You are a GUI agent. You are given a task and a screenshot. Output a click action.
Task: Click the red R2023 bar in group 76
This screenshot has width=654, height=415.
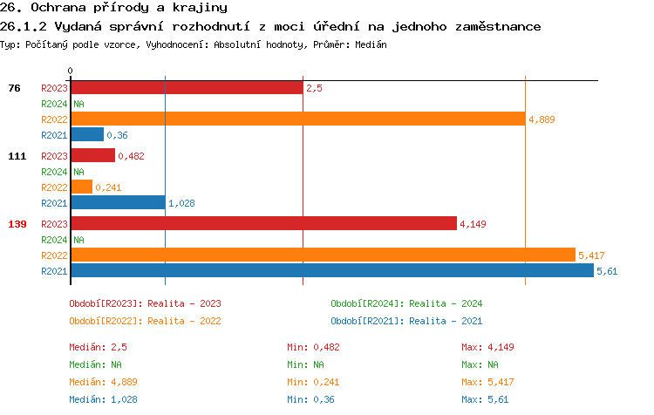(x=187, y=88)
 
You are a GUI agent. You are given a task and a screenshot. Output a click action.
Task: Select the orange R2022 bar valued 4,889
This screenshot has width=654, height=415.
(x=297, y=119)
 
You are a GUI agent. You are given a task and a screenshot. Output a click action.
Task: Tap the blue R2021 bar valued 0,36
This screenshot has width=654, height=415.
(x=87, y=135)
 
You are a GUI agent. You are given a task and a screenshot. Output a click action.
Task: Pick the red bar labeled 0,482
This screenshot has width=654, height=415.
(x=92, y=156)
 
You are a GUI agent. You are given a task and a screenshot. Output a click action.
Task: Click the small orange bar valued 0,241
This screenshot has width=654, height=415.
(x=81, y=187)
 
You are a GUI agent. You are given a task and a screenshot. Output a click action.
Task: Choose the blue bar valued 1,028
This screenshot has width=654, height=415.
(x=118, y=203)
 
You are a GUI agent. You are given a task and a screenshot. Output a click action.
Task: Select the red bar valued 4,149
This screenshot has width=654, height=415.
(x=263, y=224)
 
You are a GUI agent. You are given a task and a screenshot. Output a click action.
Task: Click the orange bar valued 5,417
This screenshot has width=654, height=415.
(x=323, y=255)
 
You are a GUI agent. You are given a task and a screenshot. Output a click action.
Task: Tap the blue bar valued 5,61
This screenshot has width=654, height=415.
(x=331, y=270)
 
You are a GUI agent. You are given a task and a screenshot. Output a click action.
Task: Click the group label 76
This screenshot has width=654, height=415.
(x=15, y=88)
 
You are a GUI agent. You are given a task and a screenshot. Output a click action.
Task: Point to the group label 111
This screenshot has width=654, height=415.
(x=17, y=156)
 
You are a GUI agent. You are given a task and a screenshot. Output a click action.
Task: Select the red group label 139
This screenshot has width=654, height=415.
(x=17, y=224)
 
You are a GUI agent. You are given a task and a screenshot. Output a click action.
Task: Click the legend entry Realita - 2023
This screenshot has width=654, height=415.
(x=145, y=303)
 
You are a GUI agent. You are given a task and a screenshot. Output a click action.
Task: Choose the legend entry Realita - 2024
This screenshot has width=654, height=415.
(x=406, y=303)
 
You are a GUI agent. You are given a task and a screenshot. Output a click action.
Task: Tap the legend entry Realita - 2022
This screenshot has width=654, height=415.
(x=145, y=321)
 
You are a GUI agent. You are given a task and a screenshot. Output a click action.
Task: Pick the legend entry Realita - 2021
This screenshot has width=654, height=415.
(x=406, y=321)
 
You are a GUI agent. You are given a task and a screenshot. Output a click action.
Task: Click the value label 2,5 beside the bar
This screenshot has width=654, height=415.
(x=315, y=88)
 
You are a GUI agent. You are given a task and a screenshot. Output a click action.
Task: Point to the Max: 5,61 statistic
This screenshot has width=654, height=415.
(x=487, y=399)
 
